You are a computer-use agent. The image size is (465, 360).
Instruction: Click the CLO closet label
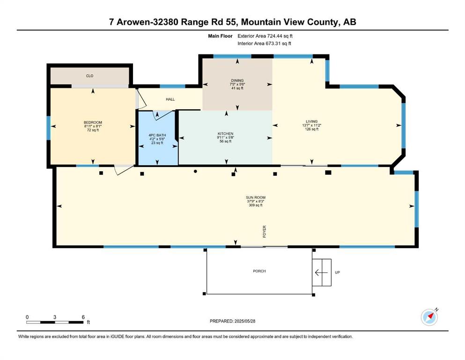click(89, 76)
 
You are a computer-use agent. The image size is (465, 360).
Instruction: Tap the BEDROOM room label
click(93, 122)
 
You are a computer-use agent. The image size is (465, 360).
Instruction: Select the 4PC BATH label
click(157, 135)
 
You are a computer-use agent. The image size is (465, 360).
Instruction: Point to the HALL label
click(170, 99)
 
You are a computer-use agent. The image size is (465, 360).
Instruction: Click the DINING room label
click(237, 81)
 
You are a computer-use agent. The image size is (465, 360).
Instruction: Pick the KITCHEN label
click(225, 134)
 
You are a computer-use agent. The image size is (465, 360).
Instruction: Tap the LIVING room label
click(312, 121)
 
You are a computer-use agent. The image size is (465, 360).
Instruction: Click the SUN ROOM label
click(256, 197)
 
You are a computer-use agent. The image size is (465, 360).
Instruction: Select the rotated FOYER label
click(265, 232)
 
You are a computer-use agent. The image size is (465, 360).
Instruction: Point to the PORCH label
click(259, 271)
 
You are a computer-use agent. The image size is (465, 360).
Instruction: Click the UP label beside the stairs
click(338, 272)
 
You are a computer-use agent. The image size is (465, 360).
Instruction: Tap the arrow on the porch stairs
click(321, 272)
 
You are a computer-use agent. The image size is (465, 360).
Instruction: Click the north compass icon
click(429, 317)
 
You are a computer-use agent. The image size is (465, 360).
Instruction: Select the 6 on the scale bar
click(83, 317)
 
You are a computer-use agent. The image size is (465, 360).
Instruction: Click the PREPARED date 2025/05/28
click(244, 321)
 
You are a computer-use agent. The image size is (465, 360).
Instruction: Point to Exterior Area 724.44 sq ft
click(265, 36)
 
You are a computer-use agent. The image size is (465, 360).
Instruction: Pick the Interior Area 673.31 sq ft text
click(264, 43)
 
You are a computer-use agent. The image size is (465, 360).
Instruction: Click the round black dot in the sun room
click(195, 171)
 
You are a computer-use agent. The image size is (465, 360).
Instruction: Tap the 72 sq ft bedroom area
click(93, 130)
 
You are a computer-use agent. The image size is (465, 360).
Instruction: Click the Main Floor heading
click(221, 36)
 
